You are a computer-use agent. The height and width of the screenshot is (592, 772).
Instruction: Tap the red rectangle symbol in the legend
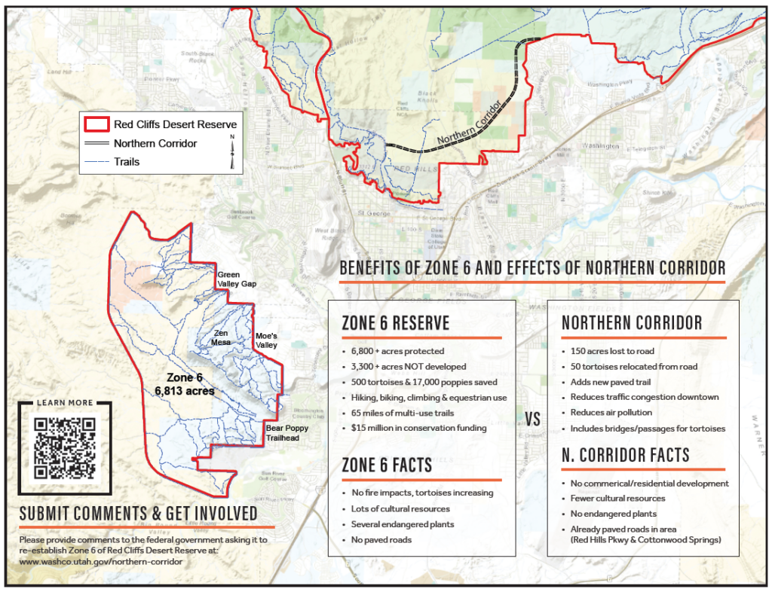click(x=96, y=124)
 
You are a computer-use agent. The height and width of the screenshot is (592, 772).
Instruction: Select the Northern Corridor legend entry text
click(x=155, y=143)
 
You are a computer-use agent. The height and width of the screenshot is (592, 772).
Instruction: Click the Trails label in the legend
click(x=127, y=161)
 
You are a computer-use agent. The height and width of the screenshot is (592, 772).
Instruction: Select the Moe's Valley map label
click(x=262, y=340)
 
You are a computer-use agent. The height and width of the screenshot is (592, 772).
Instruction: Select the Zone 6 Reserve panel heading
click(x=395, y=323)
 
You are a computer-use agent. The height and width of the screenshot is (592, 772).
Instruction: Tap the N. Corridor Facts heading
click(x=625, y=455)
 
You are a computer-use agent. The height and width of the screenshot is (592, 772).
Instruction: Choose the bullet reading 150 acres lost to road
click(x=611, y=351)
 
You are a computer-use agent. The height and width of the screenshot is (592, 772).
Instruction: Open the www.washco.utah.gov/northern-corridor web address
click(x=100, y=562)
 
